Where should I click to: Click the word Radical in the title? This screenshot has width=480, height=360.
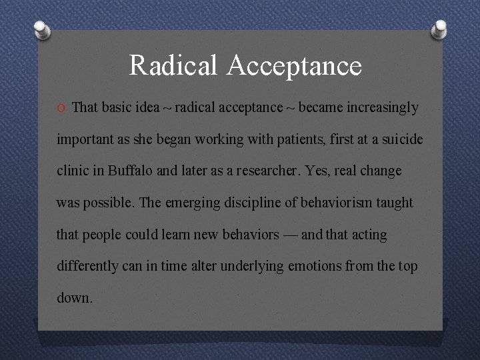click(x=173, y=65)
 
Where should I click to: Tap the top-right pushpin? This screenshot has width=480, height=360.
click(x=439, y=28)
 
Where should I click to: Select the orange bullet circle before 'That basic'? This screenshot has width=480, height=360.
click(x=61, y=108)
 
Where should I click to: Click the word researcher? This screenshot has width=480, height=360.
click(x=261, y=171)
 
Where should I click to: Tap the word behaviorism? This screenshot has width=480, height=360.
click(x=329, y=203)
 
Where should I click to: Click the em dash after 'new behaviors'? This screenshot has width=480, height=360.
click(x=291, y=235)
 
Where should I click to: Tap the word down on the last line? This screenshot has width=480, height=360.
click(x=75, y=297)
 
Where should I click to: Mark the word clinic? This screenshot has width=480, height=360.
click(x=73, y=171)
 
